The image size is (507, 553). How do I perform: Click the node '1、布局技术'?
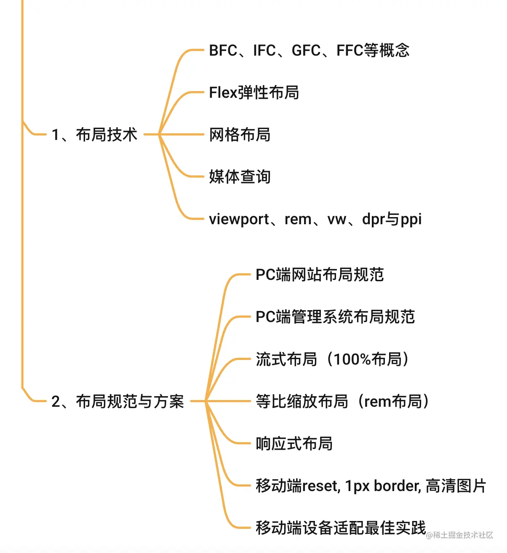(x=94, y=135)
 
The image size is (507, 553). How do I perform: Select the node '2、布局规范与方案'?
(x=117, y=401)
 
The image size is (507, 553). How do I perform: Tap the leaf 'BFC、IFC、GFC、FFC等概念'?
(x=309, y=51)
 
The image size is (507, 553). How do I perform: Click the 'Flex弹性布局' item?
(x=254, y=93)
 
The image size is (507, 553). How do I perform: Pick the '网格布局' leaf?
(x=240, y=135)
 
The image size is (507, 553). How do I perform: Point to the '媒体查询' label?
(x=240, y=177)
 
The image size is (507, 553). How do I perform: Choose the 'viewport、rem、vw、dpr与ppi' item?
(x=315, y=219)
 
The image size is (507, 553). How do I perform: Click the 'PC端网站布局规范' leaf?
(x=320, y=275)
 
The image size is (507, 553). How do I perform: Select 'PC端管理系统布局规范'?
(x=335, y=317)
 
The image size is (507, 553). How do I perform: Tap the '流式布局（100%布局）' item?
(x=333, y=359)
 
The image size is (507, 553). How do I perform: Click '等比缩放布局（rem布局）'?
(x=343, y=401)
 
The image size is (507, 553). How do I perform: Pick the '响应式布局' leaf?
(x=294, y=443)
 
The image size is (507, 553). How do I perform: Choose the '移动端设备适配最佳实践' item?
(x=341, y=528)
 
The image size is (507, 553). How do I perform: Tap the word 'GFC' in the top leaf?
(x=306, y=51)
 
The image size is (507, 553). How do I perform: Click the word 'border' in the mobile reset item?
(x=397, y=486)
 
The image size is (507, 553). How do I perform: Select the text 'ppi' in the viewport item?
(x=411, y=220)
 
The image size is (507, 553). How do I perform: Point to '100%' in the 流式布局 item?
(x=352, y=359)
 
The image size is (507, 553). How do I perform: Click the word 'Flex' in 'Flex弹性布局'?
(x=223, y=93)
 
